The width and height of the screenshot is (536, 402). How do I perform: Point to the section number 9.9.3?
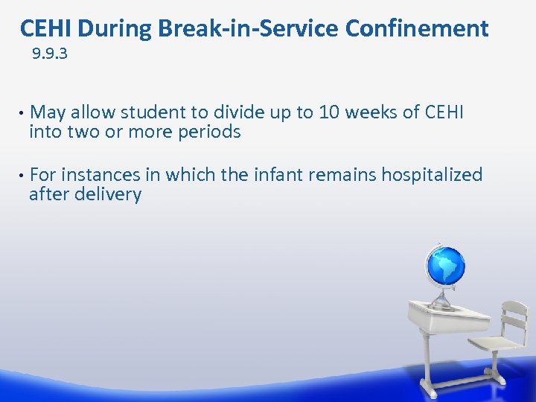click(50, 54)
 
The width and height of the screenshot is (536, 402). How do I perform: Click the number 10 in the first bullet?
click(328, 112)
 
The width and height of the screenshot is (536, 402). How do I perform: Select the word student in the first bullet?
click(153, 112)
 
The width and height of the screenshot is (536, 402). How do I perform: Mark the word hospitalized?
click(432, 175)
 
